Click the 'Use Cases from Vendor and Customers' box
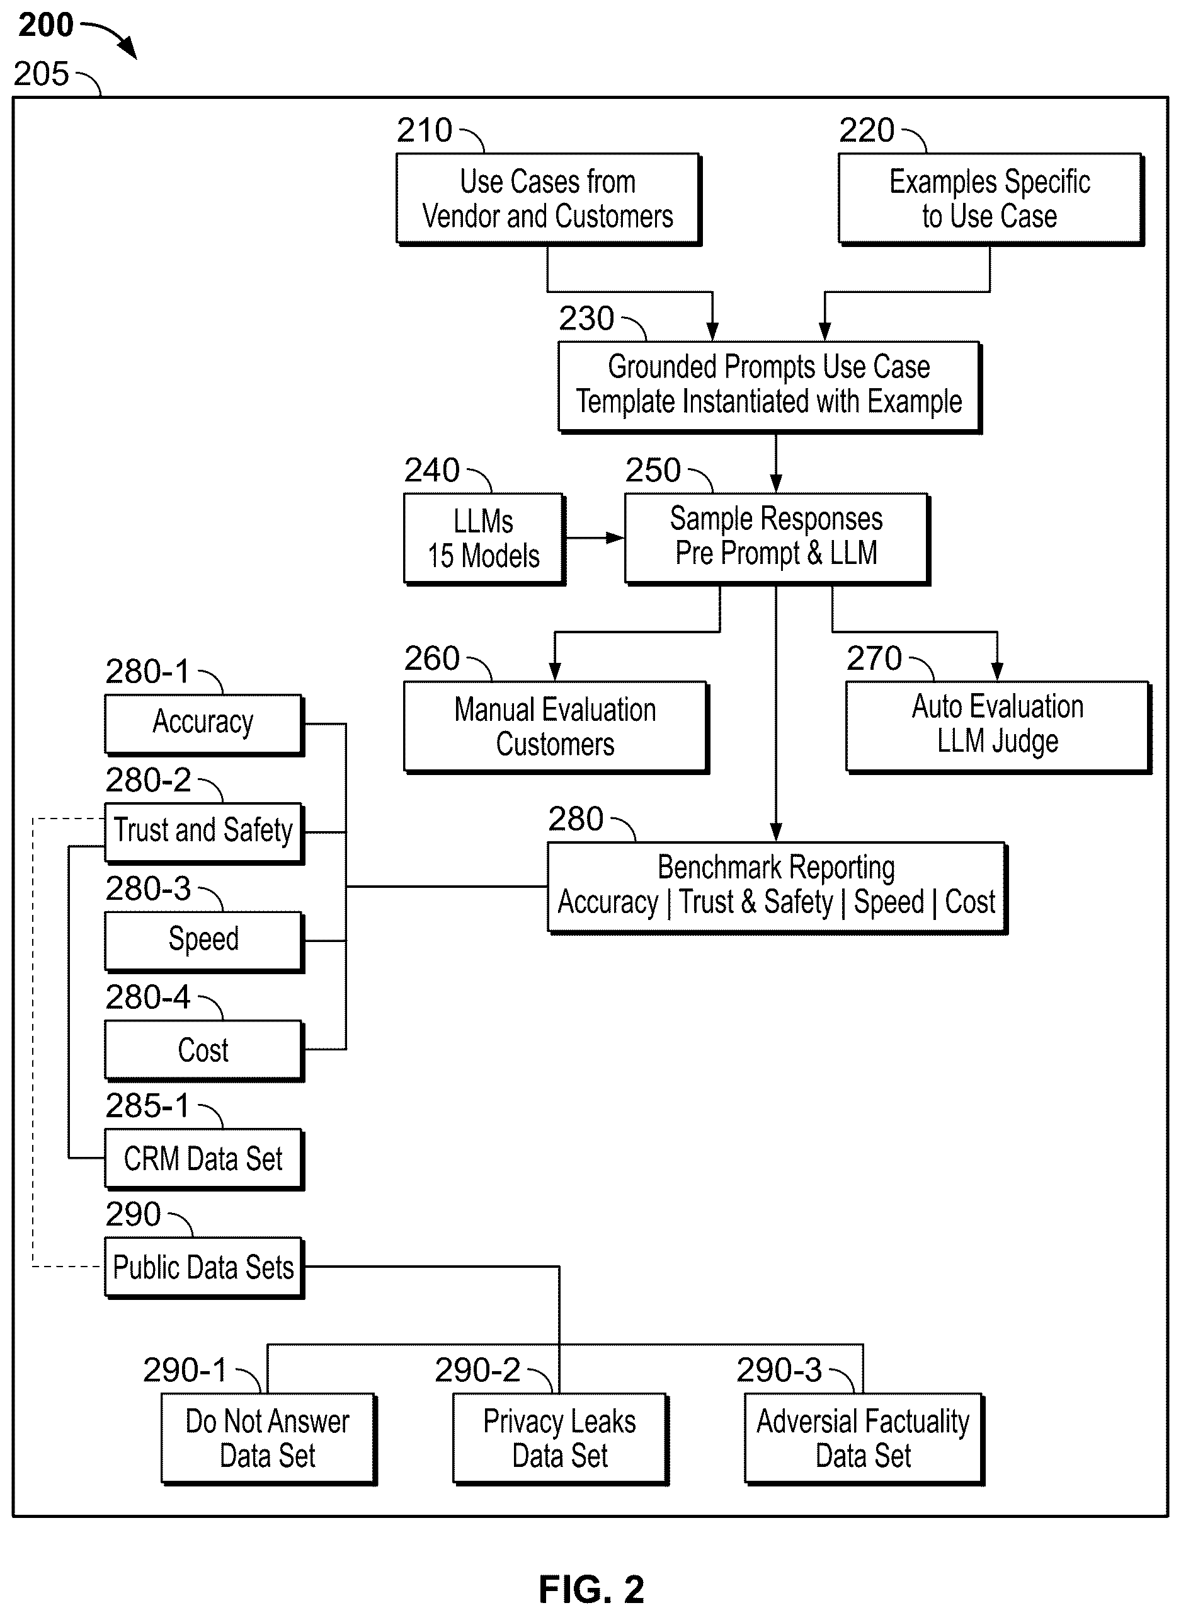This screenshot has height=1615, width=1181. tap(549, 199)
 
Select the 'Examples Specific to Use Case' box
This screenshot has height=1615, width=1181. tap(990, 199)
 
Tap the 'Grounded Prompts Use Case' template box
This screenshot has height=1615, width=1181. tap(769, 387)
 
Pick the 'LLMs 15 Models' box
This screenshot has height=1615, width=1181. tap(484, 539)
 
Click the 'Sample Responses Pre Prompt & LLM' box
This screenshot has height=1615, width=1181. tap(777, 539)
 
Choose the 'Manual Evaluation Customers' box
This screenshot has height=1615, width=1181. tap(556, 727)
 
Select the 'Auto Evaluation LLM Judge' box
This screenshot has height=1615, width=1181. tap(998, 727)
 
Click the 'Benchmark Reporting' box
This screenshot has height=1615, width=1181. tap(777, 887)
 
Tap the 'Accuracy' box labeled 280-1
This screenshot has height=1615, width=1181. tap(203, 724)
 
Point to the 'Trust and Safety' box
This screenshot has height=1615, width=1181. tap(203, 832)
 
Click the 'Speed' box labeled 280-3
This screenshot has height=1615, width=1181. tap(203, 941)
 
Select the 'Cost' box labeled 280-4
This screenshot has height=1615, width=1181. tap(203, 1050)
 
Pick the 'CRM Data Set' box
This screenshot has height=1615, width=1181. tap(203, 1159)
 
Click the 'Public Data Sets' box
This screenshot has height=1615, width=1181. tap(203, 1267)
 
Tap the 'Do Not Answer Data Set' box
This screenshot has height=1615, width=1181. tap(268, 1439)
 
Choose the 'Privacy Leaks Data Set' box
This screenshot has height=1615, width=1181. tap(560, 1439)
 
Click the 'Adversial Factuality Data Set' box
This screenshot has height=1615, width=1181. tap(864, 1439)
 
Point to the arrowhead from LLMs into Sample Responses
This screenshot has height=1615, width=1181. tap(615, 538)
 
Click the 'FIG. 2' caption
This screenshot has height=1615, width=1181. tap(591, 1589)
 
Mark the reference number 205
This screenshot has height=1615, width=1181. tap(41, 74)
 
